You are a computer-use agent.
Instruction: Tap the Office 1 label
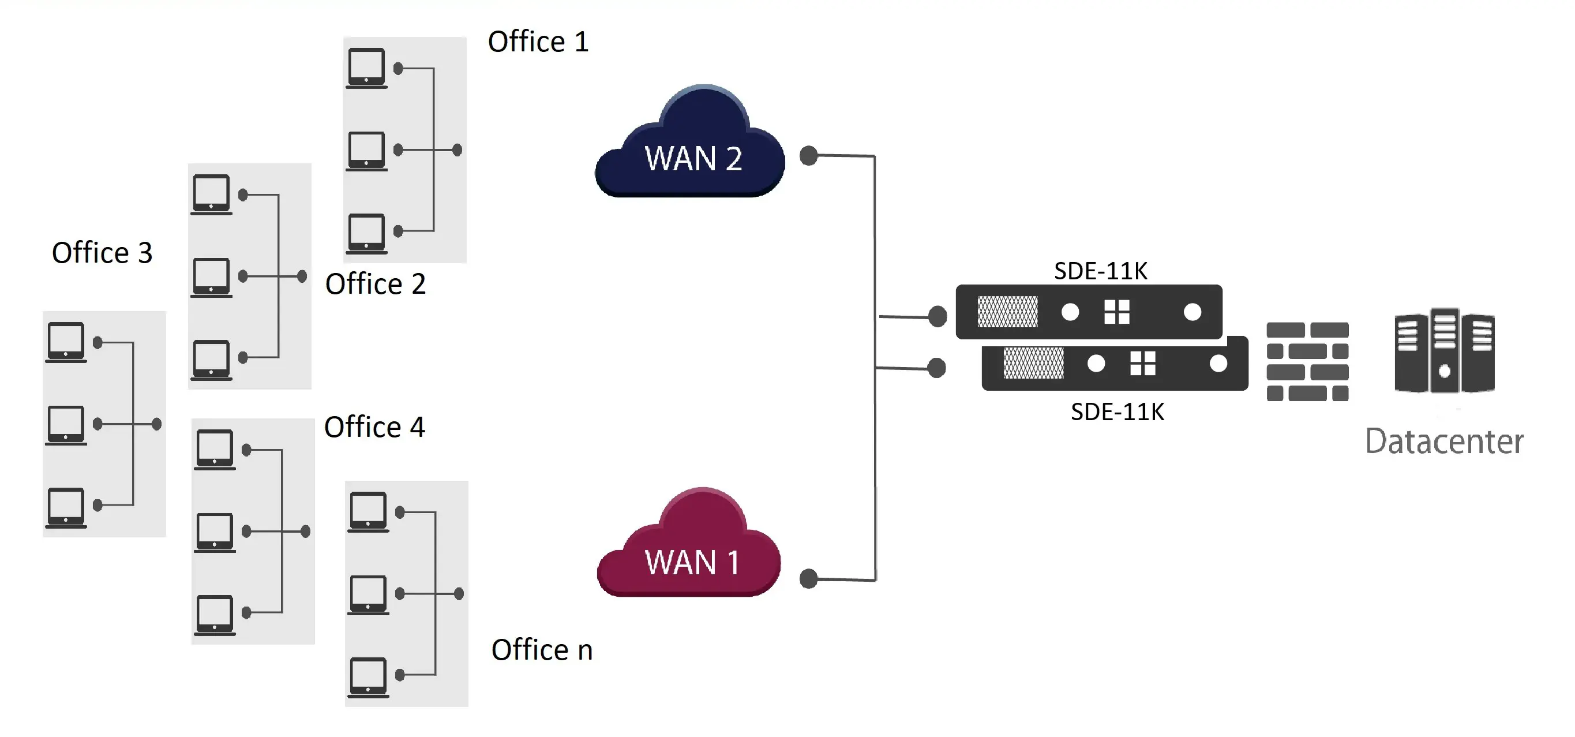(x=538, y=42)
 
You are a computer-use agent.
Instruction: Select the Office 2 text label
(x=376, y=284)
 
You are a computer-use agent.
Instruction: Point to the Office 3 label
(x=102, y=253)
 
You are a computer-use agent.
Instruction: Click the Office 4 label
(x=374, y=427)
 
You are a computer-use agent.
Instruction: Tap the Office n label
(x=542, y=649)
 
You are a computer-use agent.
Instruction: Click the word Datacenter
(x=1444, y=442)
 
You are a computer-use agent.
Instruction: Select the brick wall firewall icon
(x=1307, y=361)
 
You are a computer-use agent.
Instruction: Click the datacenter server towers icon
(x=1445, y=350)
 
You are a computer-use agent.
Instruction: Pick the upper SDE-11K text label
(x=1101, y=271)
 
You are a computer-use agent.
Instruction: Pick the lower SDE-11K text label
(x=1117, y=411)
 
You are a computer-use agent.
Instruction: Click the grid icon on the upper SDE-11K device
(x=1116, y=312)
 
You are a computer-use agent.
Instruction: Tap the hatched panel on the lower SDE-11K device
(x=1033, y=363)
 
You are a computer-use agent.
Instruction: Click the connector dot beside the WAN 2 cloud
(x=809, y=155)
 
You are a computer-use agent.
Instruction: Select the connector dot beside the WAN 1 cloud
(x=809, y=578)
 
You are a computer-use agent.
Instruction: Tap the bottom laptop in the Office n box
(x=368, y=678)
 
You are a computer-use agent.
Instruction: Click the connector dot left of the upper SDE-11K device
(x=937, y=316)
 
